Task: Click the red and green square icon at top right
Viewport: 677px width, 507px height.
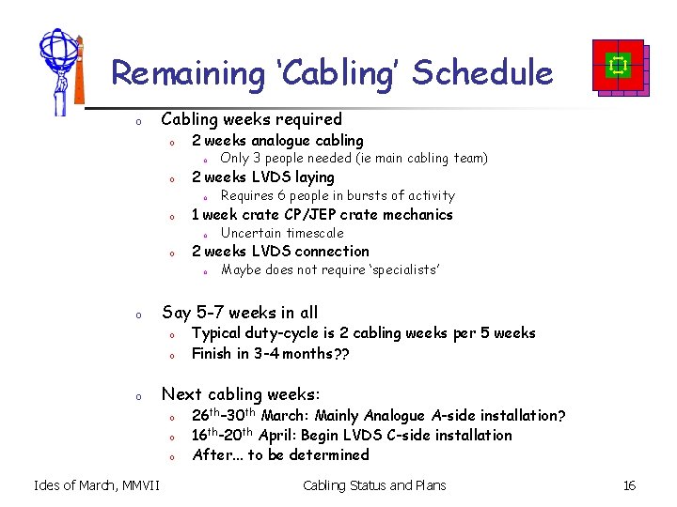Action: (619, 67)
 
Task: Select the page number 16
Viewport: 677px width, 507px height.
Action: (629, 485)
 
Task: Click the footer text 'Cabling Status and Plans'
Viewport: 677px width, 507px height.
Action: (374, 485)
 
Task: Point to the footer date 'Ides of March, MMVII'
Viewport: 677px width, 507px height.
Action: (97, 485)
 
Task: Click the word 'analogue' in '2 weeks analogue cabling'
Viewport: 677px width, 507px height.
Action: (280, 141)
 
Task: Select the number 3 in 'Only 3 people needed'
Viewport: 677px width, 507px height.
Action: (257, 159)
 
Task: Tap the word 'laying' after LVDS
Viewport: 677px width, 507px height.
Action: (312, 177)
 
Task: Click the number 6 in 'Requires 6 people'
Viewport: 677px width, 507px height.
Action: (280, 196)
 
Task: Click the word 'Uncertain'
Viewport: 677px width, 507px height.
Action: (249, 233)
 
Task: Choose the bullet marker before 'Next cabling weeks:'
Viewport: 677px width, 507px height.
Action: (137, 395)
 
